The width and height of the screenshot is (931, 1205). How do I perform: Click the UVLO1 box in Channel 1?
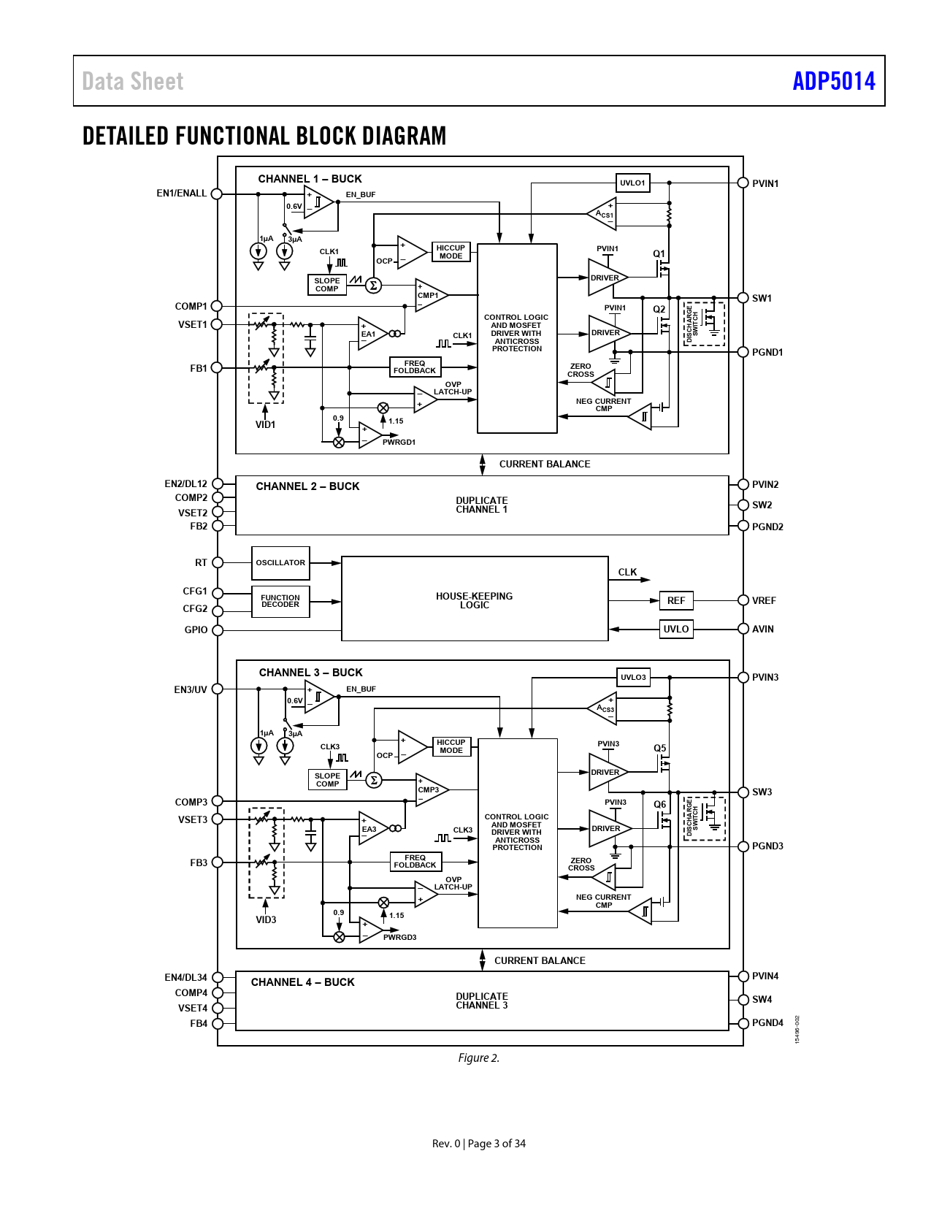coord(633,183)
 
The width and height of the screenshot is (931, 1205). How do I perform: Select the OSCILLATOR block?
coord(280,563)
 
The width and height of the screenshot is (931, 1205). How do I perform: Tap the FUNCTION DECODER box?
coord(280,601)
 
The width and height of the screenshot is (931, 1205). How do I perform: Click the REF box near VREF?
coord(676,600)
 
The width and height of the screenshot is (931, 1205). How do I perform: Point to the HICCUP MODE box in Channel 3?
coord(451,746)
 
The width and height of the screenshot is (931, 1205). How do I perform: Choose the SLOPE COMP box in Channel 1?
coord(327,285)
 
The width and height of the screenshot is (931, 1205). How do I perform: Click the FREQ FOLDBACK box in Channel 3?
coord(415,862)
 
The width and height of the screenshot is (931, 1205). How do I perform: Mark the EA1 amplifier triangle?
coord(371,334)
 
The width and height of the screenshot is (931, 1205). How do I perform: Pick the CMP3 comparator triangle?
coord(430,789)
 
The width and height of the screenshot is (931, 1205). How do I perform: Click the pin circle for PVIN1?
coord(743,183)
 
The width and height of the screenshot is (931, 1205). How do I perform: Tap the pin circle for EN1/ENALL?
coord(217,194)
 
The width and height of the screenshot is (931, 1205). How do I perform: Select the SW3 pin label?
coord(762,792)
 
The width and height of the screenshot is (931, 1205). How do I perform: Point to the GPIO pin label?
coord(196,630)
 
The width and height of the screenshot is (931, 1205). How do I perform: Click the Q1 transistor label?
coord(659,254)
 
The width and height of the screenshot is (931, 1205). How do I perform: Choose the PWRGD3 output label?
coord(399,938)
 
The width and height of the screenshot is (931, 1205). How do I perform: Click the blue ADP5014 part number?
coord(834,81)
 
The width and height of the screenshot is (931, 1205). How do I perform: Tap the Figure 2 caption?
coord(479,1058)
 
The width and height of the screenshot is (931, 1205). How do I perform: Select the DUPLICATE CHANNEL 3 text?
coord(482,1001)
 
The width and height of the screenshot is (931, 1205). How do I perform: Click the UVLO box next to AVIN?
coord(676,629)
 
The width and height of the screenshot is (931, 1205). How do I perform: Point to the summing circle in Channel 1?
coord(373,286)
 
